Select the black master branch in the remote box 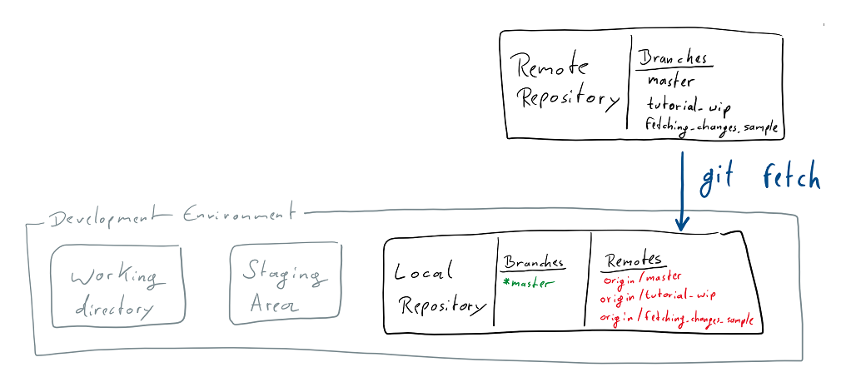670,82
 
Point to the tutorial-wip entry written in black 688,106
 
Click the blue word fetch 791,178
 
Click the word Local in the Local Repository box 424,271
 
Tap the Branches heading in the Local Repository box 533,262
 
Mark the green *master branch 528,283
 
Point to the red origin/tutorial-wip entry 659,296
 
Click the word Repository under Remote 568,99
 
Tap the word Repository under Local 441,305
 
